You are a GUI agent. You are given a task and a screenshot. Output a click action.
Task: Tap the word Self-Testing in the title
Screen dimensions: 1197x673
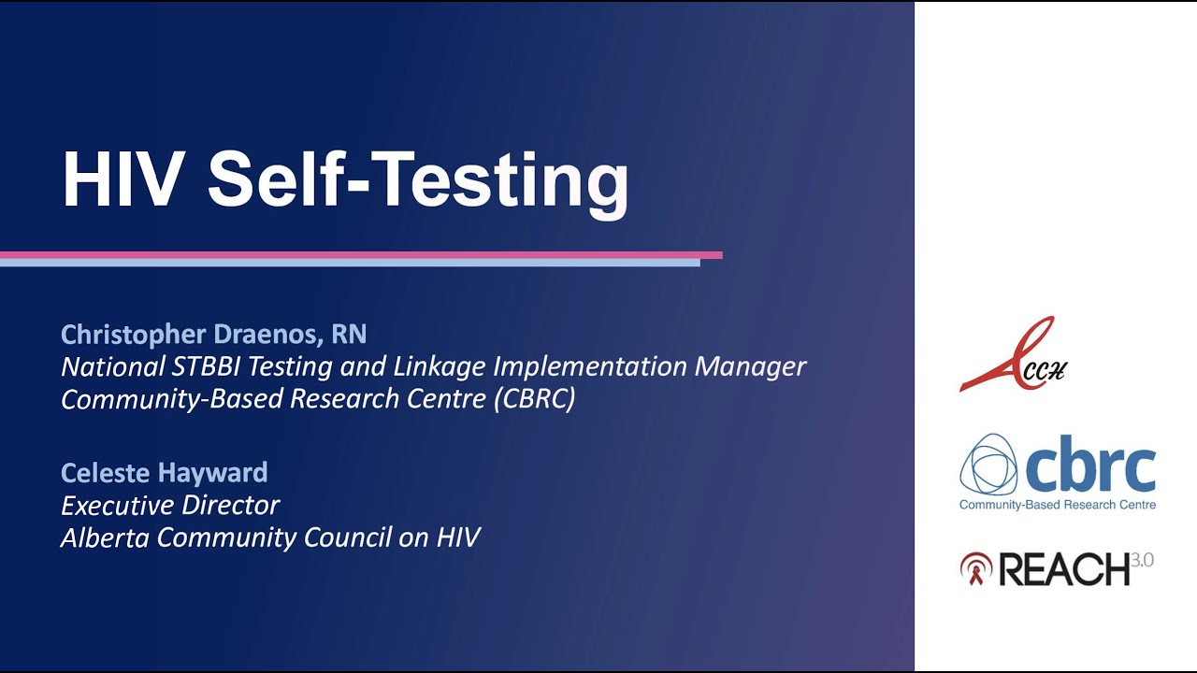coord(418,185)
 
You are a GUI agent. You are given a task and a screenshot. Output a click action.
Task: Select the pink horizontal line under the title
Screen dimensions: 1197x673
coord(361,255)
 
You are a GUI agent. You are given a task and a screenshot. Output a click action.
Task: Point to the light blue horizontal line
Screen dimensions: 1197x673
coord(350,263)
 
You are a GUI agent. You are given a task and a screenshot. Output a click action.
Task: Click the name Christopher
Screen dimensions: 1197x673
coord(134,335)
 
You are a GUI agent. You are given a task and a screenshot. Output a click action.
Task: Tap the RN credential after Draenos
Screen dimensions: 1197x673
coord(349,335)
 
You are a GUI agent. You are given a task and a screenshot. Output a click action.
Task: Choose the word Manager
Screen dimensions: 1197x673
coord(750,367)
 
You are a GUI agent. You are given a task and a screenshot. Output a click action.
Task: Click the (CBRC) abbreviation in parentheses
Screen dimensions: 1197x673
coord(534,399)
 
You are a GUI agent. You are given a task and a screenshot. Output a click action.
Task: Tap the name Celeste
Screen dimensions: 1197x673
coord(107,473)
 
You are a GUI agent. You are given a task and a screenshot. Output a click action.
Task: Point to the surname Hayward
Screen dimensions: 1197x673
coord(212,474)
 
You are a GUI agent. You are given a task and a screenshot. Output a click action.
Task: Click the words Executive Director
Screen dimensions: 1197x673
coord(170,506)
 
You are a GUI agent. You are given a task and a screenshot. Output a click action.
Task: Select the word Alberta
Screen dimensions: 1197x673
coord(105,537)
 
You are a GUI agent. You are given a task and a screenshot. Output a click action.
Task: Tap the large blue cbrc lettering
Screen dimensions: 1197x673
coord(1090,465)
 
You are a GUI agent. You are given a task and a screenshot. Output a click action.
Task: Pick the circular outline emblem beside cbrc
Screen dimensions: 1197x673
coord(988,465)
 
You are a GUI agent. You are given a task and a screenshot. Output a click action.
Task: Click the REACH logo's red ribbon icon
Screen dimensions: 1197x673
coord(975,568)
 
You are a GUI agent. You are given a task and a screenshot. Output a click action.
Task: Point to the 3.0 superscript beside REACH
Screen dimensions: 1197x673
coord(1142,560)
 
